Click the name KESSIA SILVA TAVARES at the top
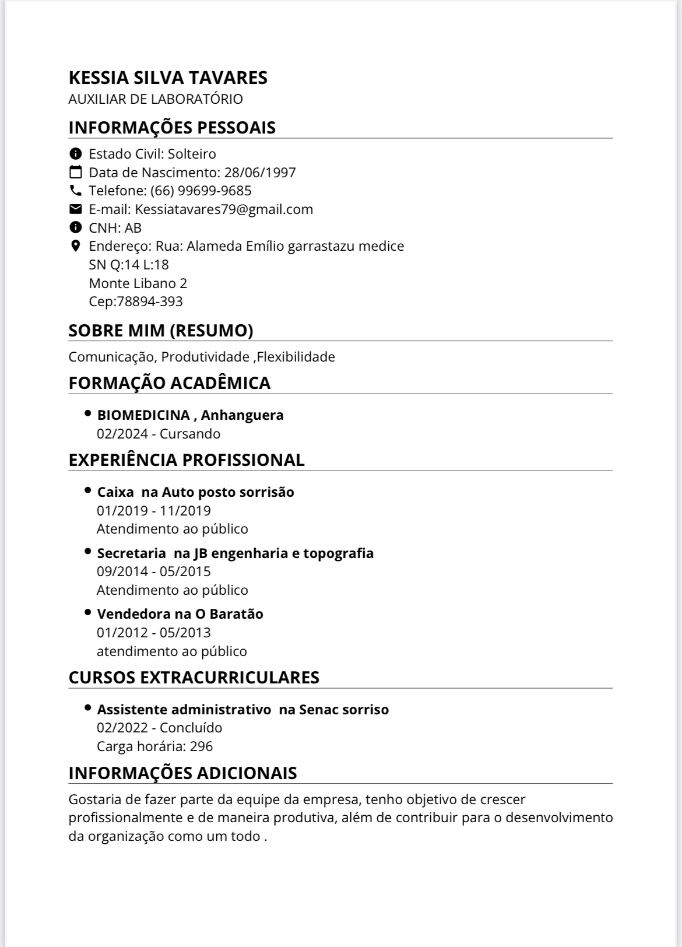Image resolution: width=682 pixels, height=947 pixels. [168, 78]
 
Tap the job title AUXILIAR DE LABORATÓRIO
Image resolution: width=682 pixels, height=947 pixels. [156, 99]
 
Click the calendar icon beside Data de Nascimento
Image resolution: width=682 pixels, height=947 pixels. [75, 172]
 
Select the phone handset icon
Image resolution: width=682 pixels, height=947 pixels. [75, 190]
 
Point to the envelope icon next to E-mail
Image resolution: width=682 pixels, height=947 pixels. [75, 209]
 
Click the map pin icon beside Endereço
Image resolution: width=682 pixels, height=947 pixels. [75, 245]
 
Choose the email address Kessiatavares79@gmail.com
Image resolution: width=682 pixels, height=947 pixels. [224, 209]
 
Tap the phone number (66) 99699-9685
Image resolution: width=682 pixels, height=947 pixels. [201, 191]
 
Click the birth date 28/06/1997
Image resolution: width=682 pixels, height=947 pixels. [260, 173]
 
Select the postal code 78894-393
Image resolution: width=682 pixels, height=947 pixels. [150, 301]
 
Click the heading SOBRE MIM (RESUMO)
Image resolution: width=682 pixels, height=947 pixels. [161, 331]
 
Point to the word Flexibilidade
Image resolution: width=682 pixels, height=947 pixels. [296, 357]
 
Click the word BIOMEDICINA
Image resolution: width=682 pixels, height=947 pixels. [143, 415]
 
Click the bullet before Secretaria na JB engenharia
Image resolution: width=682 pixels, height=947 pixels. [88, 550]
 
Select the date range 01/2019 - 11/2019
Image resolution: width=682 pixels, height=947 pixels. [154, 511]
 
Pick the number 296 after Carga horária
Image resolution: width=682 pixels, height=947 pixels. [201, 746]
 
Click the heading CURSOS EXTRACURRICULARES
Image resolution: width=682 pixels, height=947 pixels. [194, 678]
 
